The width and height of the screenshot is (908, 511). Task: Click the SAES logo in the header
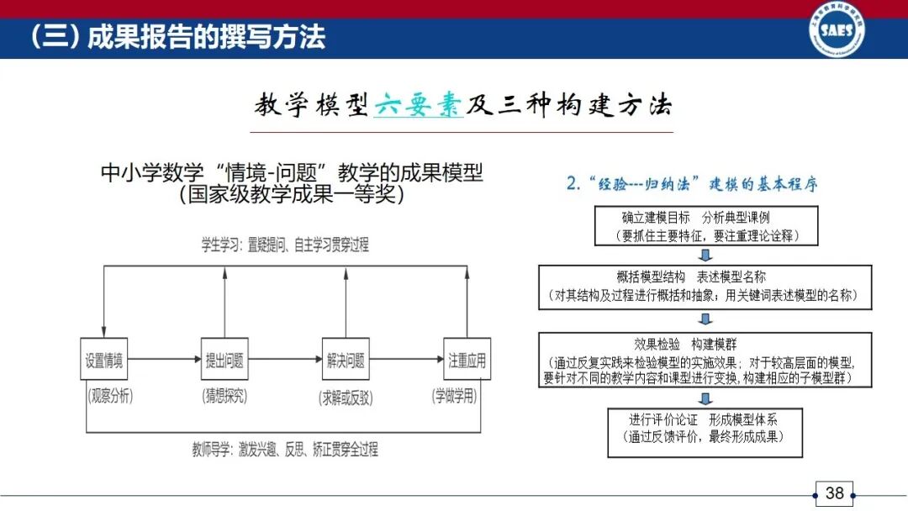click(x=837, y=30)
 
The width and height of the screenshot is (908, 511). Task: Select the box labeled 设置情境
click(x=103, y=361)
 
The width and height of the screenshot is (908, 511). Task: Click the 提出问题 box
click(x=224, y=361)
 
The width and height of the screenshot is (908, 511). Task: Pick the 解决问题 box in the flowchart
click(x=346, y=361)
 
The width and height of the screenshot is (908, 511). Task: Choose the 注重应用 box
click(x=467, y=361)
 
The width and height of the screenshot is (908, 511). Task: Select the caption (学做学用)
click(x=467, y=395)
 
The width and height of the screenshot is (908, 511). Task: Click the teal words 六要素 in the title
click(x=419, y=108)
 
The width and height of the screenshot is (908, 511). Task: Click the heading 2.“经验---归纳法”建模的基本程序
click(x=691, y=184)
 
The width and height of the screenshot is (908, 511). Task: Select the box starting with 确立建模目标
click(x=706, y=226)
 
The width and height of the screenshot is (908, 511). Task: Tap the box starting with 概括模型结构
click(x=705, y=287)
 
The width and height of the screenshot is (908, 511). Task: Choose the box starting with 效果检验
click(x=705, y=361)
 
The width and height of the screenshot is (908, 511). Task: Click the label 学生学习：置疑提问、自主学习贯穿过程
click(x=284, y=245)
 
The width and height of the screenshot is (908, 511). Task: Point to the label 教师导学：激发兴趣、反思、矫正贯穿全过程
click(x=284, y=450)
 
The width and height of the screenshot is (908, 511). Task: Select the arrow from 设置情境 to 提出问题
click(x=164, y=361)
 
